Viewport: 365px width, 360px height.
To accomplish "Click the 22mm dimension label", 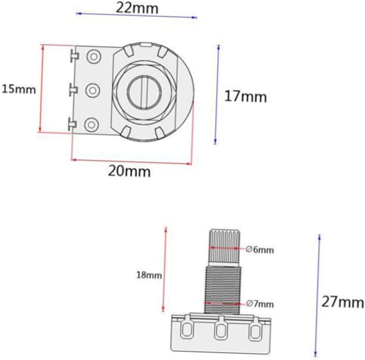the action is (137, 8).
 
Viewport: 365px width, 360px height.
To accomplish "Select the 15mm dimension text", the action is (19, 89).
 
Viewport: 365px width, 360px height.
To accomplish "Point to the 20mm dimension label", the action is (129, 172).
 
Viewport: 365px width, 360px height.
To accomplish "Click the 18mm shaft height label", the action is (149, 275).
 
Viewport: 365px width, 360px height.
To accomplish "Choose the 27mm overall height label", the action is (343, 303).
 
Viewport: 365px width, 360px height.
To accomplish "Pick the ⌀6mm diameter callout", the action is (260, 250).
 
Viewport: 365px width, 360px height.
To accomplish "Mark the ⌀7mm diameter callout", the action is (260, 304).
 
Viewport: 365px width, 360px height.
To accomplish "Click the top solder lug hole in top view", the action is (94, 57).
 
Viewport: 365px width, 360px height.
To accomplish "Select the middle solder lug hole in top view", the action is (93, 90).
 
